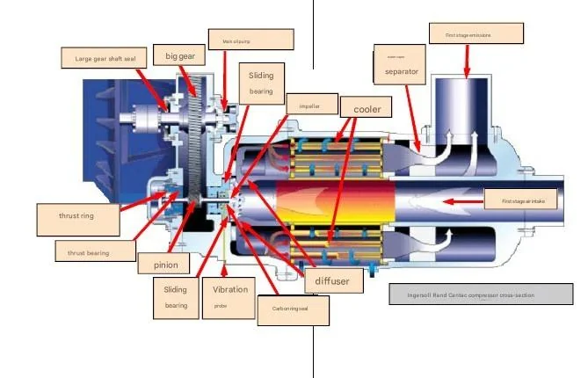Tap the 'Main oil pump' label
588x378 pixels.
(x=250, y=40)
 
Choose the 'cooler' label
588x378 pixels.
(x=367, y=109)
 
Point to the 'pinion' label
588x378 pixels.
(x=166, y=265)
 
